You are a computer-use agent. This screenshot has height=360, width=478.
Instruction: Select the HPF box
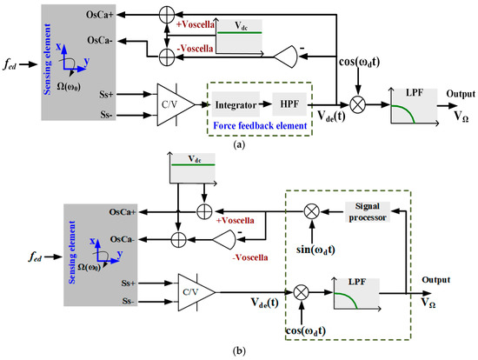click(x=291, y=104)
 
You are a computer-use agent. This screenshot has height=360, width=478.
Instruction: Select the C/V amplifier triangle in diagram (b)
click(x=194, y=287)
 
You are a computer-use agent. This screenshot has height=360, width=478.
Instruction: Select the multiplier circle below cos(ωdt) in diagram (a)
click(x=355, y=103)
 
